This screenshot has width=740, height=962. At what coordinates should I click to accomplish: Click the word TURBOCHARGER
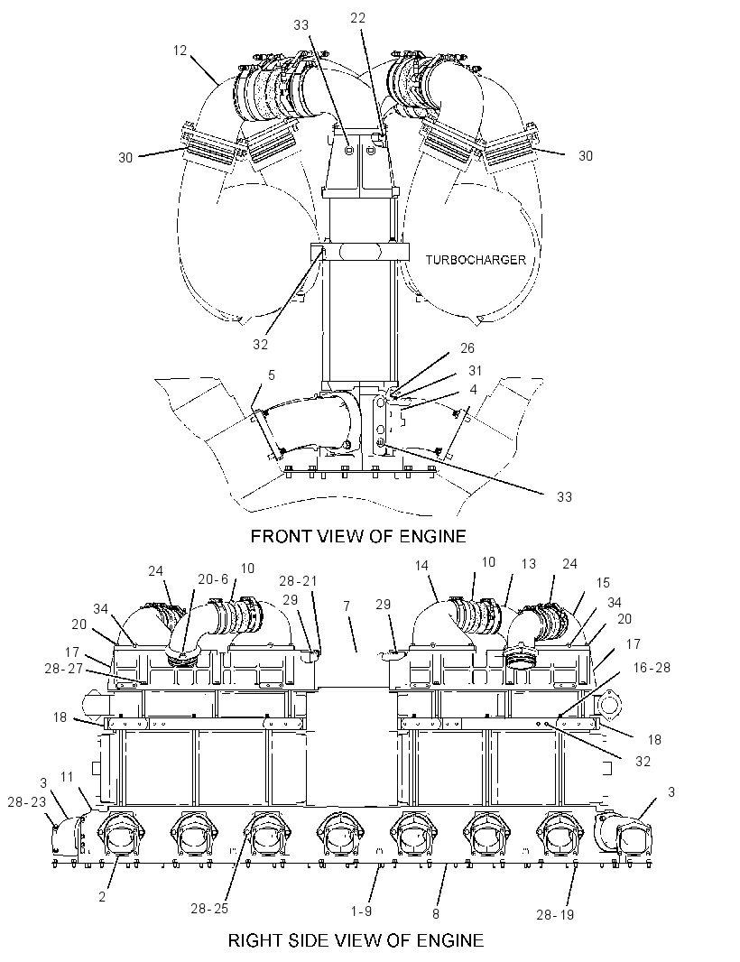click(x=476, y=260)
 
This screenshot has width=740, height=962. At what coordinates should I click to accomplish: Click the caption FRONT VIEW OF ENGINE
click(x=358, y=536)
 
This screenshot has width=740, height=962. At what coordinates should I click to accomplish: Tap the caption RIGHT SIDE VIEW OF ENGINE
click(x=356, y=940)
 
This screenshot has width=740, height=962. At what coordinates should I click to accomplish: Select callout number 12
click(x=180, y=51)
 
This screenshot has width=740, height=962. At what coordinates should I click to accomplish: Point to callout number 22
click(x=357, y=18)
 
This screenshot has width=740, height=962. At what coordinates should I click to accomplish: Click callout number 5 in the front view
click(x=272, y=375)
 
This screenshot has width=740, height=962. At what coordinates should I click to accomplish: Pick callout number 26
click(x=467, y=347)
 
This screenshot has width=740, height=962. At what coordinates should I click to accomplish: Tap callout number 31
click(x=475, y=371)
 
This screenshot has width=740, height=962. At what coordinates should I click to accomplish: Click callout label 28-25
click(x=209, y=909)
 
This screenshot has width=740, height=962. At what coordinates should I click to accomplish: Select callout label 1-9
click(x=361, y=911)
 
